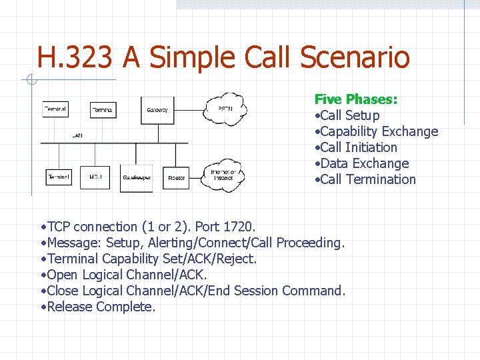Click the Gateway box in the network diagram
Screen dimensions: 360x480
(157, 109)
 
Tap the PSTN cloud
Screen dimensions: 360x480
(224, 108)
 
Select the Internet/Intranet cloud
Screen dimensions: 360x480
(223, 175)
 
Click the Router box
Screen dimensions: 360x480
(177, 177)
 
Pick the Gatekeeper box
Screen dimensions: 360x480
(136, 178)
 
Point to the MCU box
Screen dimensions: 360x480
(95, 177)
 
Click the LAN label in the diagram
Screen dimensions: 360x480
(77, 136)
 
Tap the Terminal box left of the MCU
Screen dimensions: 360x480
(59, 177)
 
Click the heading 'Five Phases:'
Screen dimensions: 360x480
(356, 99)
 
